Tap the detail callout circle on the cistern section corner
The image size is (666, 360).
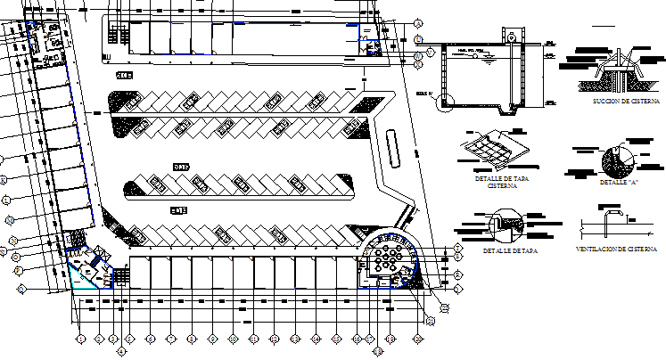(x=445, y=102)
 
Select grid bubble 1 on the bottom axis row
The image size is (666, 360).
(x=80, y=339)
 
